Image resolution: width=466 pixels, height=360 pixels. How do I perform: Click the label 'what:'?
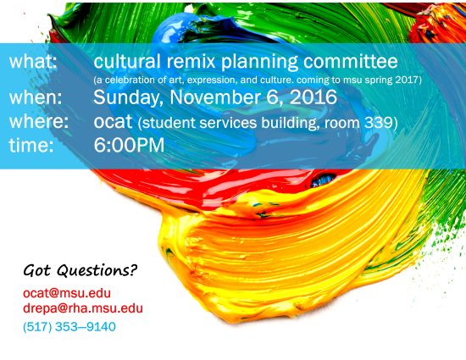[x=33, y=61]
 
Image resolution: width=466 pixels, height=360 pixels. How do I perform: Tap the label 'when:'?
[x=36, y=97]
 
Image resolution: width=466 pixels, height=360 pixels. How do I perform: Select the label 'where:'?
[x=39, y=121]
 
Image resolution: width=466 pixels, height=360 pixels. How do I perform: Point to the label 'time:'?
[x=31, y=145]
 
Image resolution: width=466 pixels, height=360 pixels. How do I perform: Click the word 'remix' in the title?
[x=191, y=61]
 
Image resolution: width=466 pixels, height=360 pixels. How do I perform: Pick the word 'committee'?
[x=351, y=61]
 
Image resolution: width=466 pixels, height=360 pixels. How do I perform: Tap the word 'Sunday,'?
[x=129, y=97]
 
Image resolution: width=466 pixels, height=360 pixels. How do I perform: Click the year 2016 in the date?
[x=313, y=97]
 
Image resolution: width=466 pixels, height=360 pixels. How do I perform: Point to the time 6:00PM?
[x=129, y=145]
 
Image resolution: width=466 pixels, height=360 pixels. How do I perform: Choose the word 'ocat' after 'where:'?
[x=113, y=121]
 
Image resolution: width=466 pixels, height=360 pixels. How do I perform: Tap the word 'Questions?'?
[x=97, y=270]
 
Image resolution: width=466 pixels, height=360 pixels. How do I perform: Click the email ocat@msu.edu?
[x=67, y=293]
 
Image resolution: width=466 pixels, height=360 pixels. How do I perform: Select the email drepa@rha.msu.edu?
[x=83, y=308]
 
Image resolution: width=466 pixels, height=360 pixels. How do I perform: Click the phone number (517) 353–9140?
[x=69, y=327]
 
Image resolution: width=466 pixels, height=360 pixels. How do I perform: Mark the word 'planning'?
[x=259, y=62]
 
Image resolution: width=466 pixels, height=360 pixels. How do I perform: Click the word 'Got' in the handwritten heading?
[x=36, y=270]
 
